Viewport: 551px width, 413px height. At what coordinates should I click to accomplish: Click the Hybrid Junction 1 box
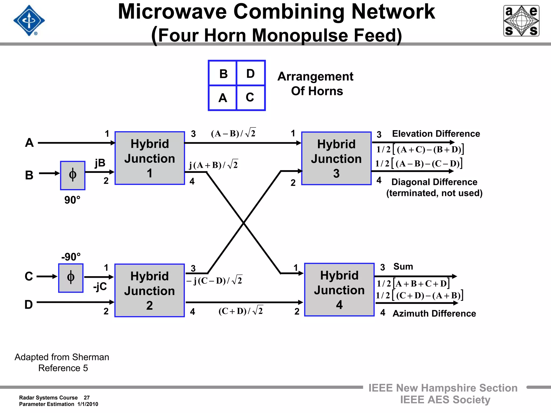[x=150, y=158]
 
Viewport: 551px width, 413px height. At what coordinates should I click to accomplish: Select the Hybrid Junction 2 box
[x=150, y=290]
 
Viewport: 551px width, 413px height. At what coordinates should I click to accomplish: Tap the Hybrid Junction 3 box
[x=336, y=158]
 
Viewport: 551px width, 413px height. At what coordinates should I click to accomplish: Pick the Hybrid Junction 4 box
[x=339, y=290]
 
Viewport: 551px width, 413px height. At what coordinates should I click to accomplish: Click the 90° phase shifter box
[x=73, y=175]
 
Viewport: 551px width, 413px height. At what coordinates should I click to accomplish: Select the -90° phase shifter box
[x=71, y=278]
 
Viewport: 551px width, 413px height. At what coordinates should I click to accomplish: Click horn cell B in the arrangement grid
[x=223, y=74]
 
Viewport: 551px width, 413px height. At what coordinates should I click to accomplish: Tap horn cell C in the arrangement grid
[x=250, y=97]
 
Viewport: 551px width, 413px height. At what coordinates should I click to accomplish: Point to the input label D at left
[x=29, y=304]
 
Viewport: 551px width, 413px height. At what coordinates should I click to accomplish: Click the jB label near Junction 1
[x=100, y=163]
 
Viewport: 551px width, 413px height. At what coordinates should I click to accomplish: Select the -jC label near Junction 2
[x=100, y=287]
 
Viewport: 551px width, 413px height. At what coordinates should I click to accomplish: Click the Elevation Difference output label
[x=436, y=134]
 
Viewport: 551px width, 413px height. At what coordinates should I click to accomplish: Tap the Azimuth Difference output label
[x=434, y=314]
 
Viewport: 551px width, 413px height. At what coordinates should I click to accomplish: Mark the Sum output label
[x=403, y=266]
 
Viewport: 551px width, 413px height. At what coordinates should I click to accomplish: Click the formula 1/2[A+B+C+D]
[x=413, y=283]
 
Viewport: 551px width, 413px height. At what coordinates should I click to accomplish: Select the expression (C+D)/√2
[x=241, y=311]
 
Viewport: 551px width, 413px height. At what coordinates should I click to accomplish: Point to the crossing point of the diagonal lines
[x=243, y=223]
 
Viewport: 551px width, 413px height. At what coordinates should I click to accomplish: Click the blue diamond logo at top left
[x=29, y=21]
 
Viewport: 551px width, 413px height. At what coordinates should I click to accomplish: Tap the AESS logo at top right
[x=521, y=21]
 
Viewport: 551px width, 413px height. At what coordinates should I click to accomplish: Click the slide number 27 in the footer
[x=87, y=397]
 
